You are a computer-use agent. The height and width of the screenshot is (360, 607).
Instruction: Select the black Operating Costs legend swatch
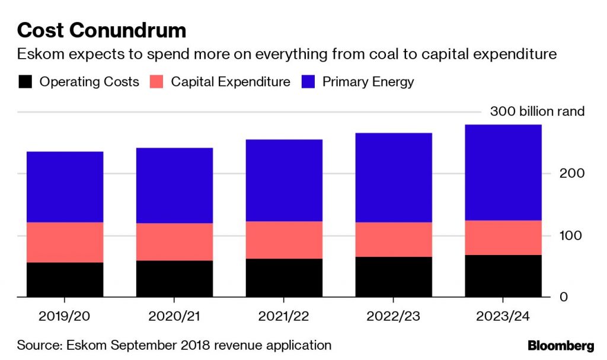pos(25,82)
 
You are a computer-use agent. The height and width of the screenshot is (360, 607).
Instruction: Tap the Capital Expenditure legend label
pos(231,82)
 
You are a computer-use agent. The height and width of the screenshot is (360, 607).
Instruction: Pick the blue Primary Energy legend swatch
pos(308,82)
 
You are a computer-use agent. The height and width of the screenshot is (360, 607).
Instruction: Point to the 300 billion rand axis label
pos(537,111)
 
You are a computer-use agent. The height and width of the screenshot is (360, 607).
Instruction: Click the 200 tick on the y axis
pos(573,174)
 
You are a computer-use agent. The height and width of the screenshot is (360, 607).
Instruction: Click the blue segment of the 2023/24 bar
pos(503,172)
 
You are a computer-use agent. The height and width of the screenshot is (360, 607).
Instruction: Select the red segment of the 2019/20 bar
pos(65,242)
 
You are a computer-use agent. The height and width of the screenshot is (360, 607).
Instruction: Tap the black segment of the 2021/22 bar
pos(284,278)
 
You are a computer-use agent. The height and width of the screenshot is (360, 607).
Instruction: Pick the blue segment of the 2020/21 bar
pos(174,185)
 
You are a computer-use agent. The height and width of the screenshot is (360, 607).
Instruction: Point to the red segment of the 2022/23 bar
pos(394,240)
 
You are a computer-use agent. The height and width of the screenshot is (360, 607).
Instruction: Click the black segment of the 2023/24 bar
pos(503,276)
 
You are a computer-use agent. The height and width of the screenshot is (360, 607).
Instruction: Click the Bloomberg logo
pos(560,345)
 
